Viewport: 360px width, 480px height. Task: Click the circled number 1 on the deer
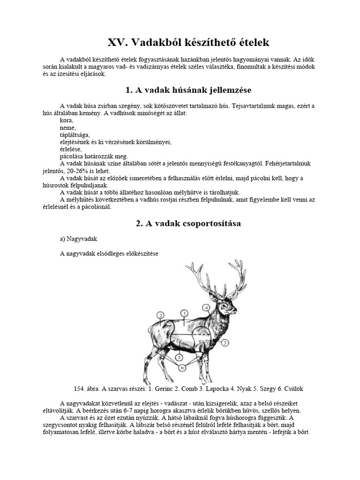[x=185, y=313]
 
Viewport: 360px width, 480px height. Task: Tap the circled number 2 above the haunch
[x=160, y=315]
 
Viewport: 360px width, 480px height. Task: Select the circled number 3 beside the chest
[x=225, y=343]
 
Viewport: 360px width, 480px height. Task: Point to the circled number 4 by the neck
[x=206, y=307]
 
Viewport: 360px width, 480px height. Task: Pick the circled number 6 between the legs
[x=182, y=367]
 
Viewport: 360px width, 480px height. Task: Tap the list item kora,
[x=67, y=120]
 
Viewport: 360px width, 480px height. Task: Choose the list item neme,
[x=68, y=127]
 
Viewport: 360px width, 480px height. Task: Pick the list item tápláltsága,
[x=75, y=135]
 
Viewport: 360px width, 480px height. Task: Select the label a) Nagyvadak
[x=78, y=239]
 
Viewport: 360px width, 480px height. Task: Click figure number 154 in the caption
[x=80, y=389]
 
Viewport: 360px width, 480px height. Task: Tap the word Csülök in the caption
[x=293, y=389]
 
